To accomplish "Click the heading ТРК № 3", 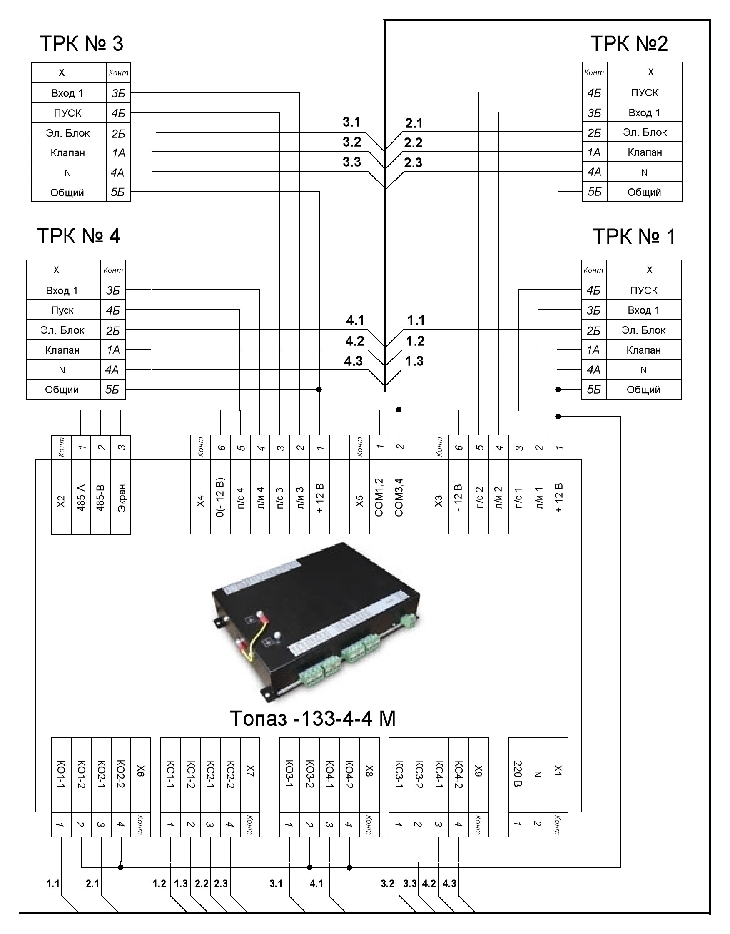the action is pyautogui.click(x=82, y=44).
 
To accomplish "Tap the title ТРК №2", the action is pyautogui.click(x=629, y=44).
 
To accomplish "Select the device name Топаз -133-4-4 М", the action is pyautogui.click(x=313, y=719).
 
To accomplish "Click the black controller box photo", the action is pyautogui.click(x=316, y=622).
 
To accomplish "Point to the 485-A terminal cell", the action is pyautogui.click(x=81, y=497).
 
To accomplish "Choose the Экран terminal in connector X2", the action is pyautogui.click(x=121, y=497).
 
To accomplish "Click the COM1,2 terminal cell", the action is pyautogui.click(x=379, y=497).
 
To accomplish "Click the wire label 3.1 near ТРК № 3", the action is pyautogui.click(x=352, y=122).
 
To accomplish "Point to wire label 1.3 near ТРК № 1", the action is pyautogui.click(x=414, y=361).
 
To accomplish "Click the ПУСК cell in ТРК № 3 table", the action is pyautogui.click(x=68, y=113).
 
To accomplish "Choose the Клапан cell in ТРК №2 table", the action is pyautogui.click(x=645, y=152).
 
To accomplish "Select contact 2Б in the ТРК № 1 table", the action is pyautogui.click(x=594, y=331).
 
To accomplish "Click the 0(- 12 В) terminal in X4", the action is pyautogui.click(x=220, y=497).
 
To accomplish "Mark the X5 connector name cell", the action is pyautogui.click(x=359, y=497).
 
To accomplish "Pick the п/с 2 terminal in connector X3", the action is pyautogui.click(x=479, y=497).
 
